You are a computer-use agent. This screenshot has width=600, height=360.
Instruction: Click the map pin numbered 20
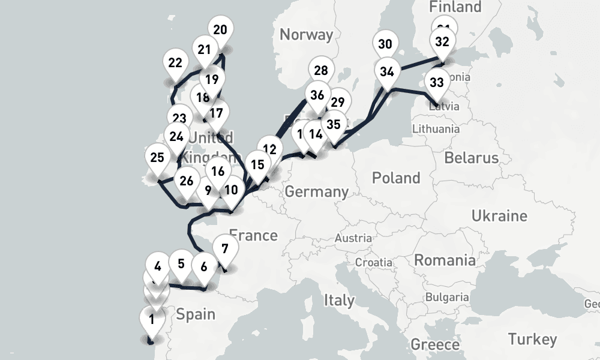tap(220, 31)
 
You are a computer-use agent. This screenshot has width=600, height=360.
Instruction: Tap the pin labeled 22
tap(175, 62)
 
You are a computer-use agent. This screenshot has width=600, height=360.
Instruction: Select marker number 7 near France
tap(225, 248)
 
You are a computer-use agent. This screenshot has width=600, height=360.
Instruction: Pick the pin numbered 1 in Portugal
tap(151, 319)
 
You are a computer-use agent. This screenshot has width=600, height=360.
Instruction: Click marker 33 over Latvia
tap(437, 82)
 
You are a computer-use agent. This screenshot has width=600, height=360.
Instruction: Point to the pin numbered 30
tap(385, 44)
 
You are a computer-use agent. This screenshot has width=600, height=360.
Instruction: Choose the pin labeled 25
tap(157, 158)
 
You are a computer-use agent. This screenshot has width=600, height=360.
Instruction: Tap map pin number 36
tap(317, 95)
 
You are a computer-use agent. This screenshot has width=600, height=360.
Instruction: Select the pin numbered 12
tap(271, 149)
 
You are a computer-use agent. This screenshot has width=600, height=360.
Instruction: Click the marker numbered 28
tap(321, 70)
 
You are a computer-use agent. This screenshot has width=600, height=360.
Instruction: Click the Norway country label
tap(306, 35)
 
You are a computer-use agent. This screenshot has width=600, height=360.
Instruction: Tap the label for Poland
tap(396, 178)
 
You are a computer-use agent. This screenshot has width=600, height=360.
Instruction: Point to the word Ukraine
tap(499, 215)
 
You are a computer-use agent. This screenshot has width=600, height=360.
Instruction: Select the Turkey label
tap(532, 339)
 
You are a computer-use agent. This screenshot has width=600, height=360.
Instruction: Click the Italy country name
tap(339, 299)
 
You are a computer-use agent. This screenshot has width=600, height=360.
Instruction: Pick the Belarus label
tap(472, 158)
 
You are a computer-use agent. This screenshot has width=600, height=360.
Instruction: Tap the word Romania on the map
tap(445, 260)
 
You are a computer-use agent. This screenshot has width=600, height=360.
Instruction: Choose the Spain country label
tap(196, 314)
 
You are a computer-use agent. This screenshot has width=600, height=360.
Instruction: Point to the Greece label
tap(435, 345)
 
